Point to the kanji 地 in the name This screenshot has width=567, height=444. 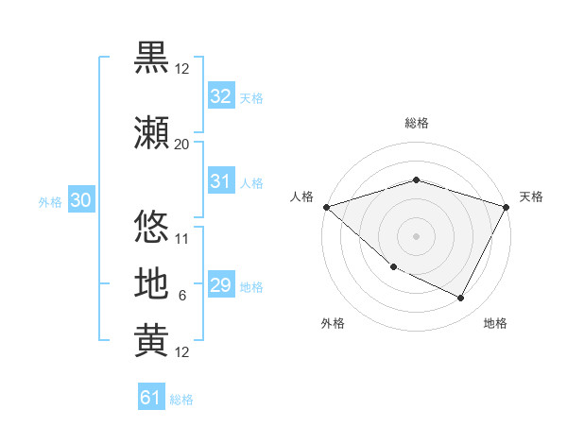pos(151,284)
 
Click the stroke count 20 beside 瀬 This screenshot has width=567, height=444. pos(181,144)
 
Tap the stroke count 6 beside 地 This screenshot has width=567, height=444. pos(181,296)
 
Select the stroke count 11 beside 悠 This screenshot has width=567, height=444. pos(181,238)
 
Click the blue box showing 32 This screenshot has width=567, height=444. pos(220,96)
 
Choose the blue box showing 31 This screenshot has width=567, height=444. pos(220,181)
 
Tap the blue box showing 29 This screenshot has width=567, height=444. pos(220,285)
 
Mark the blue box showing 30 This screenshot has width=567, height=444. pos(80,200)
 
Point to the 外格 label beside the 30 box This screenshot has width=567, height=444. pos(50,201)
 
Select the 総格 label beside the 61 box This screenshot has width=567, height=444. pos(181,400)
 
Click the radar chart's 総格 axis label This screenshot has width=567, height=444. pos(416,123)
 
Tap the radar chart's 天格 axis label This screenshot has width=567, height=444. pos(531,196)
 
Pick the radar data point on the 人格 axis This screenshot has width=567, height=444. pos(326,207)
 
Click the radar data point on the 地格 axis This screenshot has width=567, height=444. pos(461,299)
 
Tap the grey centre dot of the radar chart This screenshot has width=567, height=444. pos(416,235)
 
